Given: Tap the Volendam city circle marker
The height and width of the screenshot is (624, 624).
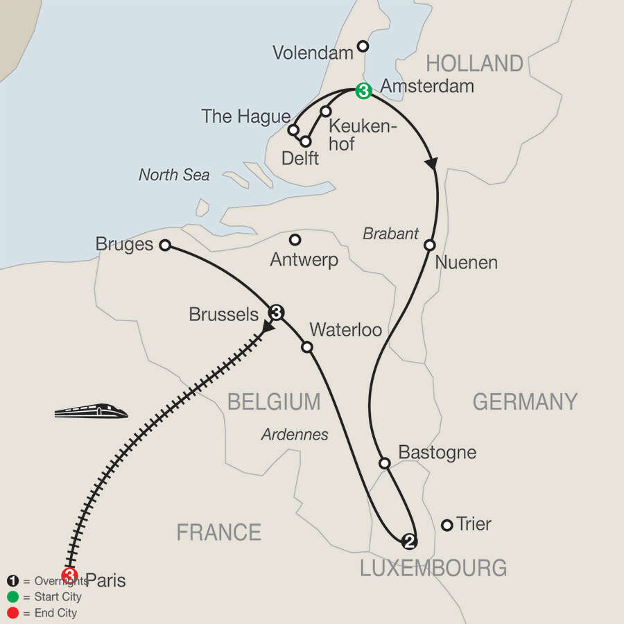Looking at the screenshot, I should coord(362,46).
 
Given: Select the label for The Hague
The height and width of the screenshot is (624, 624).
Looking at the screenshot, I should coord(245,116).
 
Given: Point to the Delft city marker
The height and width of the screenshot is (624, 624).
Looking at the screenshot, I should coord(305,141).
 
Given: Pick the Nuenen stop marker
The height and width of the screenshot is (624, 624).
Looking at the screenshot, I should coord(430,245).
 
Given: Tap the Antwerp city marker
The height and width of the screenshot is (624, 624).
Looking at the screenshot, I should coord(295,240).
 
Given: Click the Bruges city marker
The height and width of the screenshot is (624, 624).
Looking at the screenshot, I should coord(165,245).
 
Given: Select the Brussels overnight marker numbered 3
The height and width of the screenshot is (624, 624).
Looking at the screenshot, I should coord(276,312).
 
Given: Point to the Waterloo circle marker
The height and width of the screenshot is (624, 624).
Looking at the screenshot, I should coord(306,347).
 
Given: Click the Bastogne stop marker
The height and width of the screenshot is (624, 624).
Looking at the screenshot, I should coord(385,462).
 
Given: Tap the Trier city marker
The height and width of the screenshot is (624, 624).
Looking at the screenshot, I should coord(447,525).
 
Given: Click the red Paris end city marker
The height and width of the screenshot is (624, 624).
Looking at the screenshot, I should coord(69,575).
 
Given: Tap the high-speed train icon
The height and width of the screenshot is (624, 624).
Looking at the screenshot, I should coord(92,411).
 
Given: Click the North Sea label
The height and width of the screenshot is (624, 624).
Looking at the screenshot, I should coord(174,175).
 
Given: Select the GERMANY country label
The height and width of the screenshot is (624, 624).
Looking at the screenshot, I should coord(525,401).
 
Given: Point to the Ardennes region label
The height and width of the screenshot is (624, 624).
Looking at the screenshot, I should coord(295,435).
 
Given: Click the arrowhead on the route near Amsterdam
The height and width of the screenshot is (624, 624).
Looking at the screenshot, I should coord(432,164).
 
